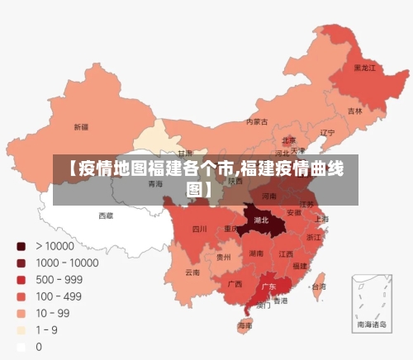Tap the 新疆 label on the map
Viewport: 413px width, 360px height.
81,127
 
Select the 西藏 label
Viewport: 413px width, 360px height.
107,216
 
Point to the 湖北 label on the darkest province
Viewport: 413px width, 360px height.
262,220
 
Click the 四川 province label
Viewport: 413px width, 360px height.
200,229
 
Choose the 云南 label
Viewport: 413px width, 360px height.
192,272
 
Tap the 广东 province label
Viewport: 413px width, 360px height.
268,287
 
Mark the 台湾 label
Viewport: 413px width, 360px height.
318,287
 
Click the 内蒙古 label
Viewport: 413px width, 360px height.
258,121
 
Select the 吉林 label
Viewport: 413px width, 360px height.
354,111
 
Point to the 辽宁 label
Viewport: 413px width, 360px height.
327,132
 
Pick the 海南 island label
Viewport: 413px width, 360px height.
245,326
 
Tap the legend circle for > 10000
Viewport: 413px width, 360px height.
21,246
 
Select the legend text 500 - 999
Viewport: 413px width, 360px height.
59,279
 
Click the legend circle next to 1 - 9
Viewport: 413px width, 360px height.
21,330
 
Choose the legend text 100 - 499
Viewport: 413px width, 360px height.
59,296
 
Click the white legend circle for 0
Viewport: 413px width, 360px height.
21,347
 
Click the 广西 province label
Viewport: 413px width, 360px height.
235,284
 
